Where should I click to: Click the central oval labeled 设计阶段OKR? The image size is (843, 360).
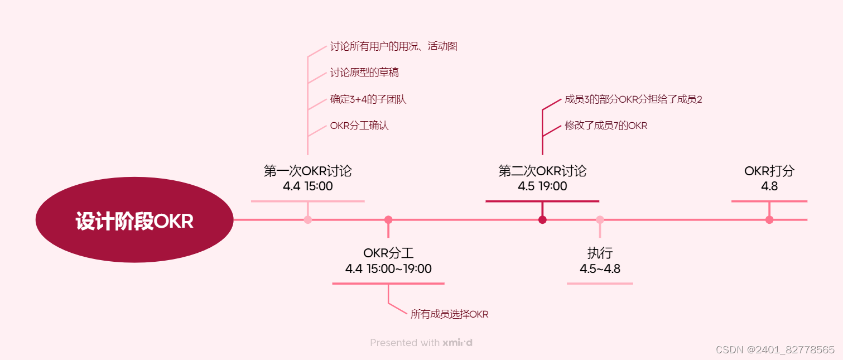(x=134, y=221)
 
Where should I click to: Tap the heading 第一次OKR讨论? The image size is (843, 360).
(x=308, y=171)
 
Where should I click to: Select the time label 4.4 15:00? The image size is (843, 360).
(x=308, y=186)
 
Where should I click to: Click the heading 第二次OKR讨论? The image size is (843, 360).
(x=542, y=171)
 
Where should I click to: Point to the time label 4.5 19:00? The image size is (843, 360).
(x=542, y=186)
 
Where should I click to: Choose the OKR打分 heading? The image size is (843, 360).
(x=769, y=171)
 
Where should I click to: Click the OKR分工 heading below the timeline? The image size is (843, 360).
(x=388, y=253)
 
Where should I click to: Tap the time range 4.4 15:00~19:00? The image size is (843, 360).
(x=388, y=269)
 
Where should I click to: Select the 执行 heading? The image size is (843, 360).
(x=600, y=253)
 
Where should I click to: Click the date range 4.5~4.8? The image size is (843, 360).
(x=600, y=269)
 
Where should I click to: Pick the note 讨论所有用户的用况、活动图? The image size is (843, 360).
(x=393, y=46)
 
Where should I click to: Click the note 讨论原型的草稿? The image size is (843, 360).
(x=364, y=73)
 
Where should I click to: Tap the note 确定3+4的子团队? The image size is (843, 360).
(x=368, y=99)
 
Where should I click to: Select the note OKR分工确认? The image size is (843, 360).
(x=359, y=126)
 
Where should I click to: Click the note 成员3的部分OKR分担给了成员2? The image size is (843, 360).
(x=633, y=99)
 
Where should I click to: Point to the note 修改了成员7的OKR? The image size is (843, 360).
(x=606, y=126)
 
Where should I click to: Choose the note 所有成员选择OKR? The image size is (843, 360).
(x=449, y=314)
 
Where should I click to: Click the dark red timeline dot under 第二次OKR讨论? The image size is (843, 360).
(x=542, y=220)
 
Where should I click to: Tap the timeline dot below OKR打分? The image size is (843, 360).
(x=769, y=220)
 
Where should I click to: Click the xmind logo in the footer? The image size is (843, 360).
(x=457, y=343)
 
